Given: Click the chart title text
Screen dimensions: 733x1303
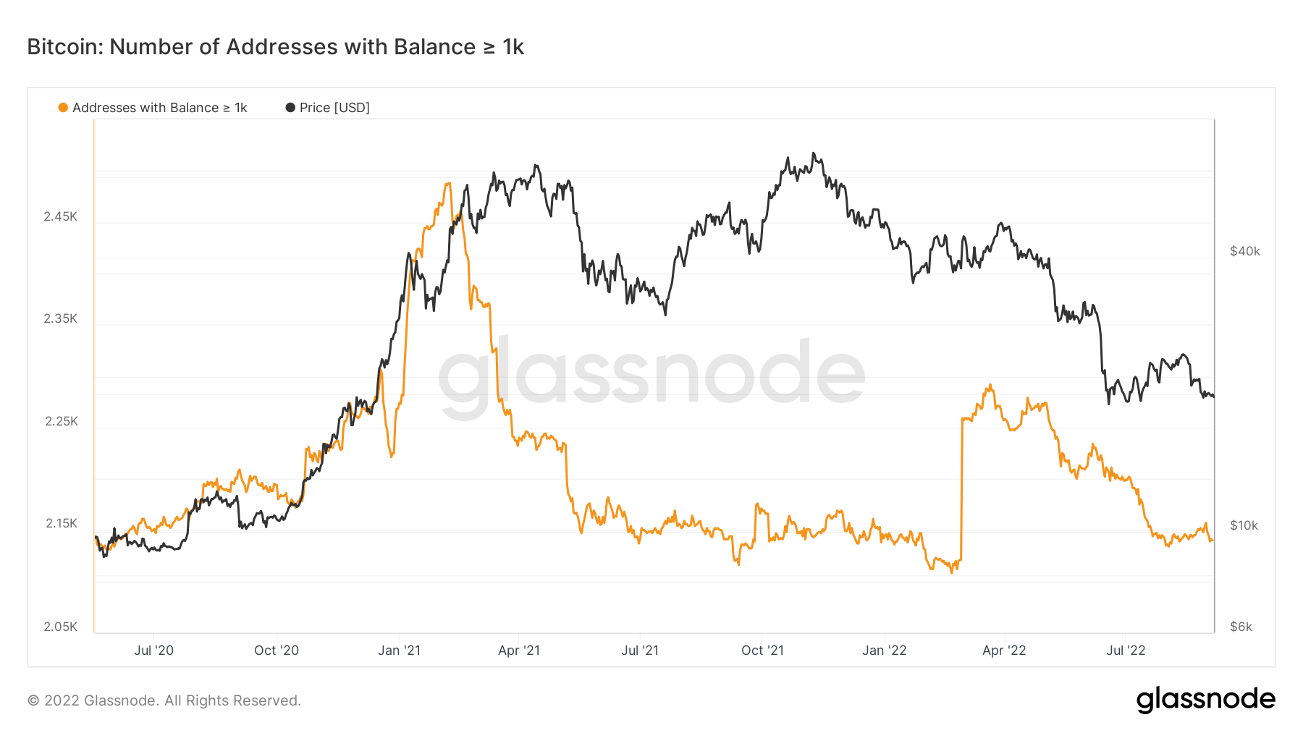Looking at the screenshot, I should coord(275,47).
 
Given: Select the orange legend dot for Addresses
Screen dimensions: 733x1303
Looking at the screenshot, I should coord(63,108).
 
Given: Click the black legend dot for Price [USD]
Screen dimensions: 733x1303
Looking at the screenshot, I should coord(290,108).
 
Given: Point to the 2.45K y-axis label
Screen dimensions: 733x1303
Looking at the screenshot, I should coord(60,216).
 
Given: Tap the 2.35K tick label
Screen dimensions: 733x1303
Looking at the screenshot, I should coord(60,318).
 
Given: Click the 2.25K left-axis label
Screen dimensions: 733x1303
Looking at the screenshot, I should coord(60,421).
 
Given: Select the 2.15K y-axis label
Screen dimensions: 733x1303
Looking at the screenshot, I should coord(60,523).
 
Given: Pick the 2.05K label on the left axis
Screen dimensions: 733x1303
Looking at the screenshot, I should coord(60,627).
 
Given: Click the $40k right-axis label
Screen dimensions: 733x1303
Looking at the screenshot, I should coord(1245,251).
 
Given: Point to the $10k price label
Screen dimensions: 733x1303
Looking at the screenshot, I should coord(1244,525).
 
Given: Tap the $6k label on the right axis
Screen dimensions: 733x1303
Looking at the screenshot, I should coord(1241,627).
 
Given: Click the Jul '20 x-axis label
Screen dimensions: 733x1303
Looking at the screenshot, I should coord(153,651).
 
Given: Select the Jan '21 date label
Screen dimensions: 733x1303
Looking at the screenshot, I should coord(399,651).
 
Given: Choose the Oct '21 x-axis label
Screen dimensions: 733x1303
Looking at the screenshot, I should coord(762,651).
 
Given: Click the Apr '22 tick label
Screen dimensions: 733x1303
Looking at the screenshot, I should coord(1004,651).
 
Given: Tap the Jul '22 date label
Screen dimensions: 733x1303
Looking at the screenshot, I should coord(1126,651).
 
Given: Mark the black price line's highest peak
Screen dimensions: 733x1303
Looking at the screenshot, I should coord(814,153).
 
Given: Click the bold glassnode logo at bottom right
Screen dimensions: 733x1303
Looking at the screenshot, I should coord(1205,700).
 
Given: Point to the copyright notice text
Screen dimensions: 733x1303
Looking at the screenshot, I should coord(164,700).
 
